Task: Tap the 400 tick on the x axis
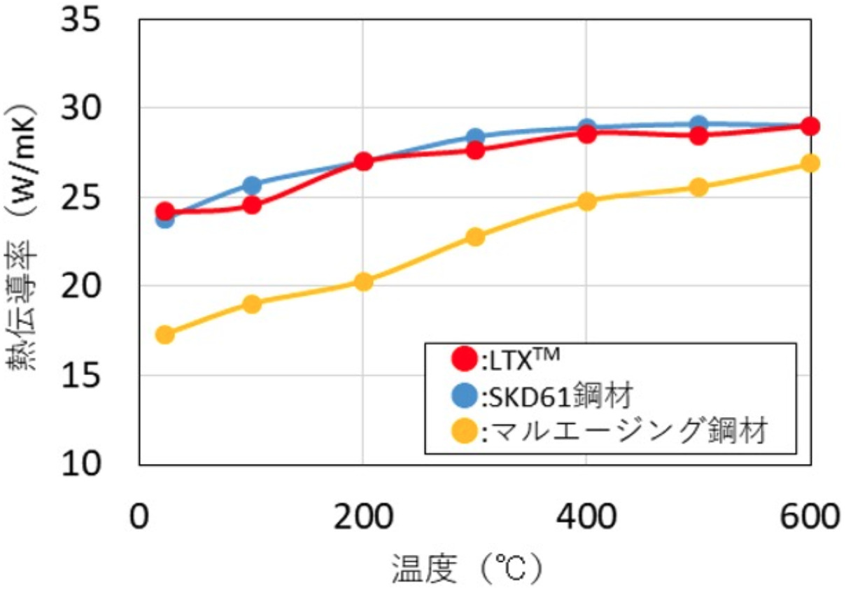586,517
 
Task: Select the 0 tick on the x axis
141,517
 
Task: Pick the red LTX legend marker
464,360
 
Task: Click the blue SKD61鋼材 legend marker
464,397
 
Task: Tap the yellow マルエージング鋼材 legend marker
464,432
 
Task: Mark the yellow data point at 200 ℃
363,282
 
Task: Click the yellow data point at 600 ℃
810,163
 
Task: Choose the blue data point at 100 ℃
252,185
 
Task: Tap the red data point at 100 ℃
252,206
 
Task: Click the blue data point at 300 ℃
475,137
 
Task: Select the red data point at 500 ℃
698,136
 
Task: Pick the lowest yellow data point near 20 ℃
165,334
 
